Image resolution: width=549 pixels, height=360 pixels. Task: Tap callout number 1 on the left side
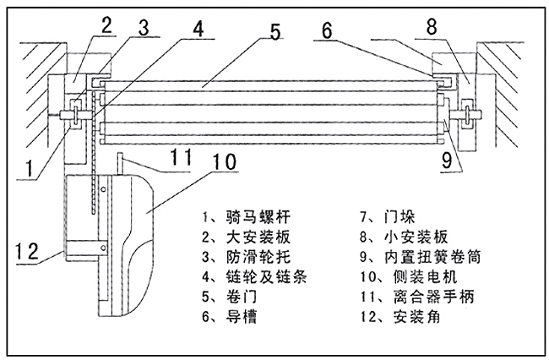31,166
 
